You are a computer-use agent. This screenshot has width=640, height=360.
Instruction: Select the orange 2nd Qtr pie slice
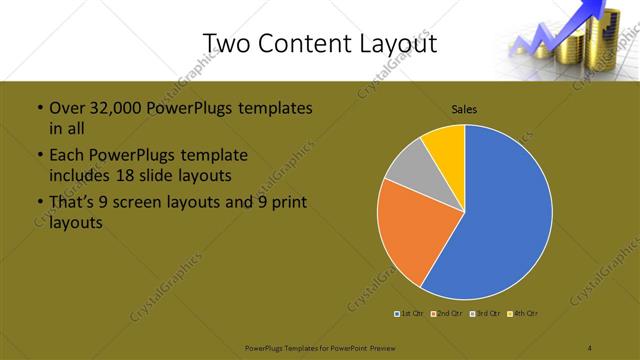pyautogui.click(x=410, y=235)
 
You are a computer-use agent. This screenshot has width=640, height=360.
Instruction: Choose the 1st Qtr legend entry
pyautogui.click(x=410, y=315)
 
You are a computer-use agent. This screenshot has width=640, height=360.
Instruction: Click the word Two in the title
pyautogui.click(x=225, y=44)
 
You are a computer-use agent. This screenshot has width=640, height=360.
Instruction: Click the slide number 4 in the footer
pyautogui.click(x=590, y=346)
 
